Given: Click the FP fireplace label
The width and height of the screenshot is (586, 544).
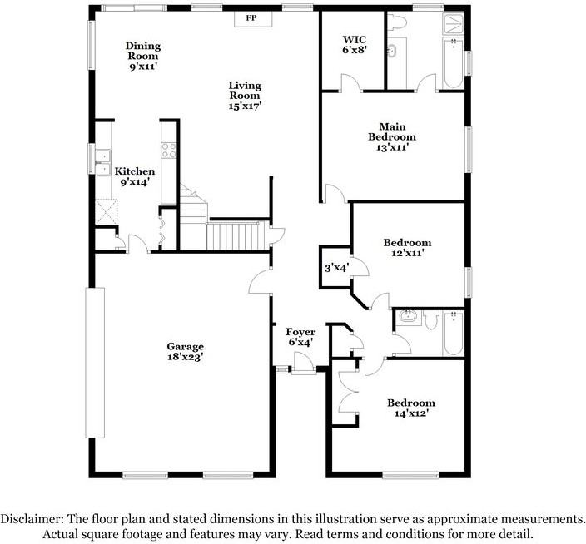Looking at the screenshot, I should click(x=251, y=17).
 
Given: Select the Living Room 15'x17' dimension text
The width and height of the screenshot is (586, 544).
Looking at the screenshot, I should click(x=246, y=106).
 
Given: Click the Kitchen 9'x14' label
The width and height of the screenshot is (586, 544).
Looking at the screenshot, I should click(x=135, y=176).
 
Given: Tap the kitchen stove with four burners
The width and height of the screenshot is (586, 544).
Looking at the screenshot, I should click(x=169, y=151).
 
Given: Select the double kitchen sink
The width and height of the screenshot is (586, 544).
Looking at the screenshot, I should click(x=103, y=163).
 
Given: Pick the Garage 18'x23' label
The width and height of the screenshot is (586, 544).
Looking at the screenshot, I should click(x=185, y=351).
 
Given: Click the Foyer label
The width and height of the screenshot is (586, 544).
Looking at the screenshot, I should click(x=300, y=336).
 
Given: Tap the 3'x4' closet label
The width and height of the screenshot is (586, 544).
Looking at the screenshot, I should click(x=336, y=268).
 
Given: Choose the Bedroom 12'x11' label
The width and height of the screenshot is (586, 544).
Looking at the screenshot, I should click(x=407, y=248).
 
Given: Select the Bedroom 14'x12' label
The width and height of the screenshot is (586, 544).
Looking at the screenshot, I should click(x=411, y=407).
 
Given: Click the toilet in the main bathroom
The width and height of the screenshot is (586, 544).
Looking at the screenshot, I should click(x=398, y=25).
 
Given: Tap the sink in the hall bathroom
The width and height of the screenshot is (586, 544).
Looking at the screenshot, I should click(x=408, y=316).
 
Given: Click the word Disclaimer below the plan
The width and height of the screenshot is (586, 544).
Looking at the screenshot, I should click(x=33, y=517).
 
